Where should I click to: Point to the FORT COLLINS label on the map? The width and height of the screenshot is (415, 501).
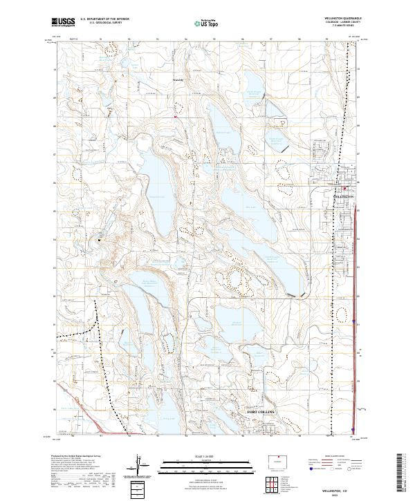point(261,412)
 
